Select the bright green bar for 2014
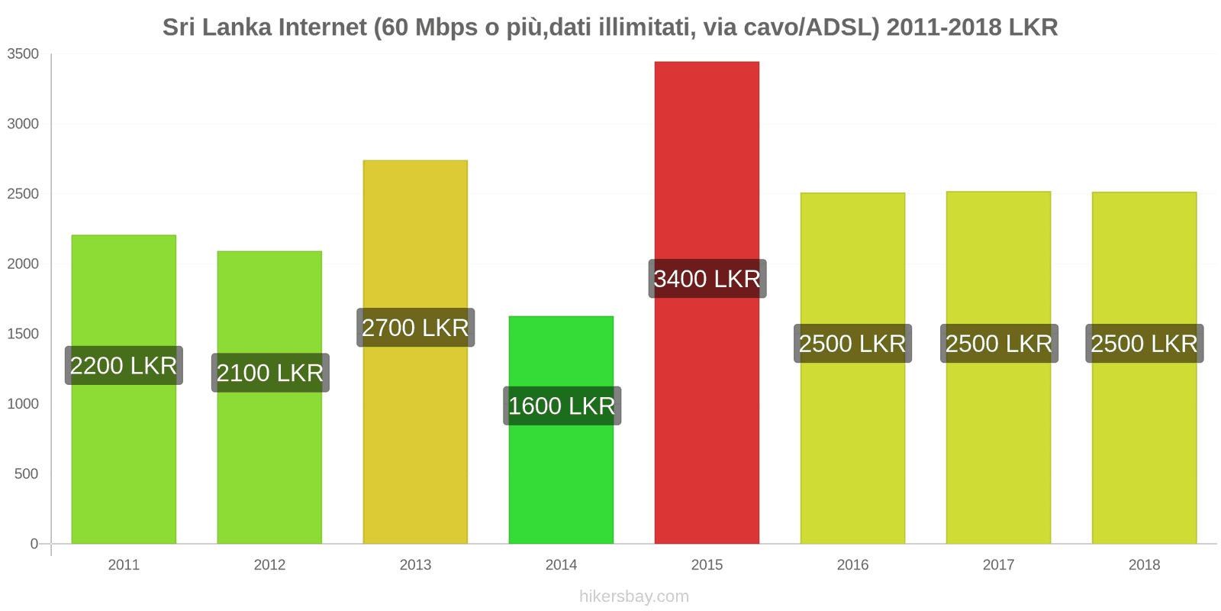[561, 474]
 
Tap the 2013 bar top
[415, 161]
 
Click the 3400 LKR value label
[707, 279]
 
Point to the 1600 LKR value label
[562, 406]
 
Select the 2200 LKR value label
[124, 366]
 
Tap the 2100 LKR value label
[270, 373]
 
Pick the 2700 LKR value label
[415, 328]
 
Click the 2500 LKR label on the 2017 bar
[999, 344]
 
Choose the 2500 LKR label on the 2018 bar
[1145, 344]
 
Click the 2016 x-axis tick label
[852, 565]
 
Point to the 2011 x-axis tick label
[124, 565]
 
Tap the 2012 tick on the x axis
[269, 565]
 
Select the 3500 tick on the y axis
[23, 54]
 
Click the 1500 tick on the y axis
[23, 334]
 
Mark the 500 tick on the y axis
[26, 474]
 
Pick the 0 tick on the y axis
[34, 544]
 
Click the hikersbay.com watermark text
[634, 596]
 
